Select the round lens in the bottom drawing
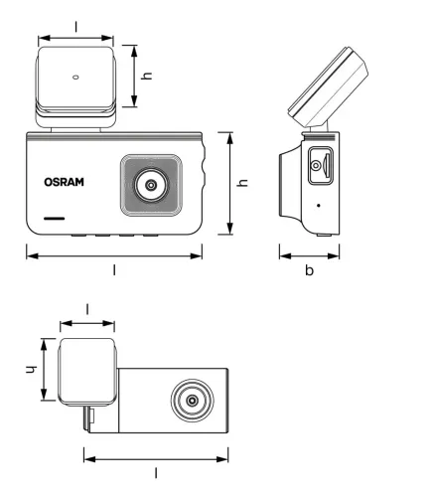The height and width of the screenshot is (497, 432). click(x=189, y=403)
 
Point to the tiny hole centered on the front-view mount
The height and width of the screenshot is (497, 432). click(x=76, y=76)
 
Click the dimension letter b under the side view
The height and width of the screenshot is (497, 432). click(x=309, y=270)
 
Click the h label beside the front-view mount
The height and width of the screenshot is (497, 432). click(x=146, y=75)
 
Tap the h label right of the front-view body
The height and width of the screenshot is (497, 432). click(x=241, y=184)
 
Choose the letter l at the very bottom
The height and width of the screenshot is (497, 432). click(x=156, y=475)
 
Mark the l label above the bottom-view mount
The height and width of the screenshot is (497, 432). click(x=87, y=309)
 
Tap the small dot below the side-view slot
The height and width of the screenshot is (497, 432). click(x=319, y=205)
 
